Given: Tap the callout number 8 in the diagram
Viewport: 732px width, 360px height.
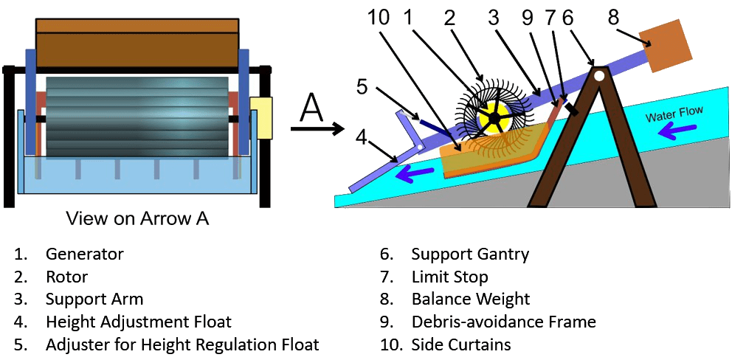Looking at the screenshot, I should coord(613,17).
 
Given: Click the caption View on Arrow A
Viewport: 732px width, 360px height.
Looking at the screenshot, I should coord(137,218).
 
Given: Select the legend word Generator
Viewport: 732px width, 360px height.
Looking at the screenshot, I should coord(84,255).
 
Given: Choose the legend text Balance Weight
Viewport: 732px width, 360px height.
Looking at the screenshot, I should coord(471,300).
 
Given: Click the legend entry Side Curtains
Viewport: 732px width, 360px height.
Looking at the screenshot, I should coord(461,345).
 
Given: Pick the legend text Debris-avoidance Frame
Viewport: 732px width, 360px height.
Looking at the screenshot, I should coord(503,322).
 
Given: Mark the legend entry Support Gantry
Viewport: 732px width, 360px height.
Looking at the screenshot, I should coord(470,255).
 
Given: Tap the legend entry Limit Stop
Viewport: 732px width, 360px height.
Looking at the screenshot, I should coord(449,277).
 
